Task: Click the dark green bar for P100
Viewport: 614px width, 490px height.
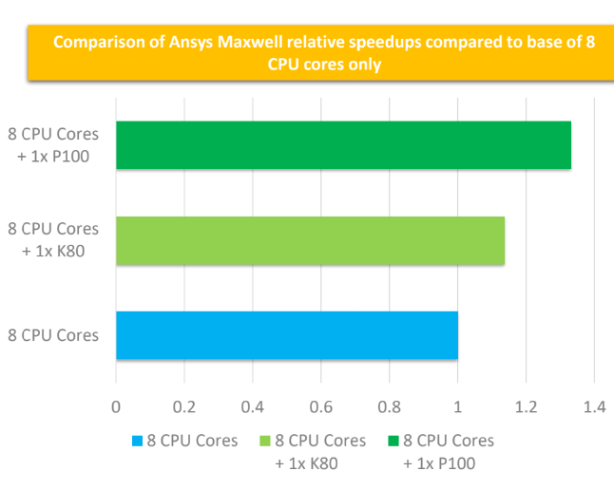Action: tap(343, 145)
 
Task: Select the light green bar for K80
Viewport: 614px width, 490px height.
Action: tap(310, 240)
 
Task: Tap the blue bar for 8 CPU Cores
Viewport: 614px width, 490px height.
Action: tap(286, 335)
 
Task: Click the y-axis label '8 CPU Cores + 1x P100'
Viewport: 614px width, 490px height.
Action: tap(54, 145)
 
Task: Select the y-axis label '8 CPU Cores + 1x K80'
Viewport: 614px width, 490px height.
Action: tap(54, 240)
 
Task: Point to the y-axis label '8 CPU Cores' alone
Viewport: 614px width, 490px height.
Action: tap(54, 335)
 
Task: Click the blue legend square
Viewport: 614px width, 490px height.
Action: tap(137, 442)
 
